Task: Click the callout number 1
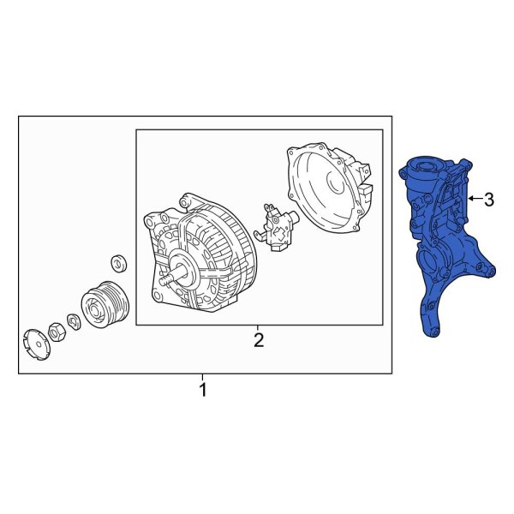(203, 391)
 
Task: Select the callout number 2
(259, 341)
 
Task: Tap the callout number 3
(489, 200)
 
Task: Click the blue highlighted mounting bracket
(441, 240)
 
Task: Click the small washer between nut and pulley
(75, 320)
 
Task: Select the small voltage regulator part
(279, 227)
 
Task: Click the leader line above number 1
(203, 378)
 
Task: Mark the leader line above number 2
(259, 328)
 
